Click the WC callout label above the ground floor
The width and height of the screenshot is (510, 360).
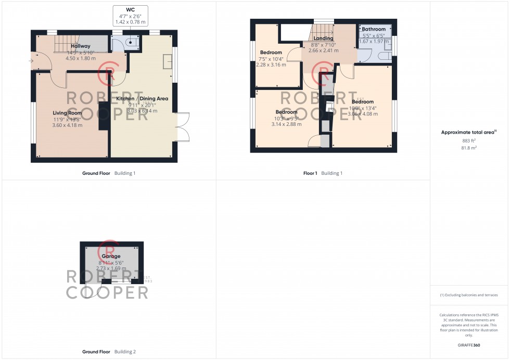[130, 10]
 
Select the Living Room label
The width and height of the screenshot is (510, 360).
[67, 112]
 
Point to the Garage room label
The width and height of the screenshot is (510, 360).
[111, 256]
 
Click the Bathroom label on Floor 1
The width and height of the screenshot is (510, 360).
[374, 29]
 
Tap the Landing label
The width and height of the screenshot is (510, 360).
[323, 38]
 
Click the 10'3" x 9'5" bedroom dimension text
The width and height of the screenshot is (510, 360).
[286, 118]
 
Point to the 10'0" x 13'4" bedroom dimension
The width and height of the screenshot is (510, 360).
[362, 108]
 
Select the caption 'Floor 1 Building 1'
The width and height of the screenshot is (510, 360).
[323, 173]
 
